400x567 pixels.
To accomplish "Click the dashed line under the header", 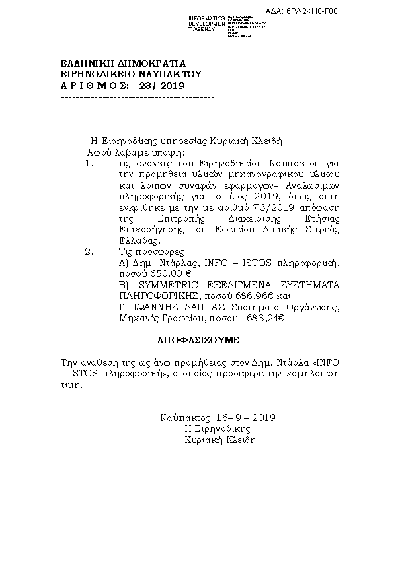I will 137,98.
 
